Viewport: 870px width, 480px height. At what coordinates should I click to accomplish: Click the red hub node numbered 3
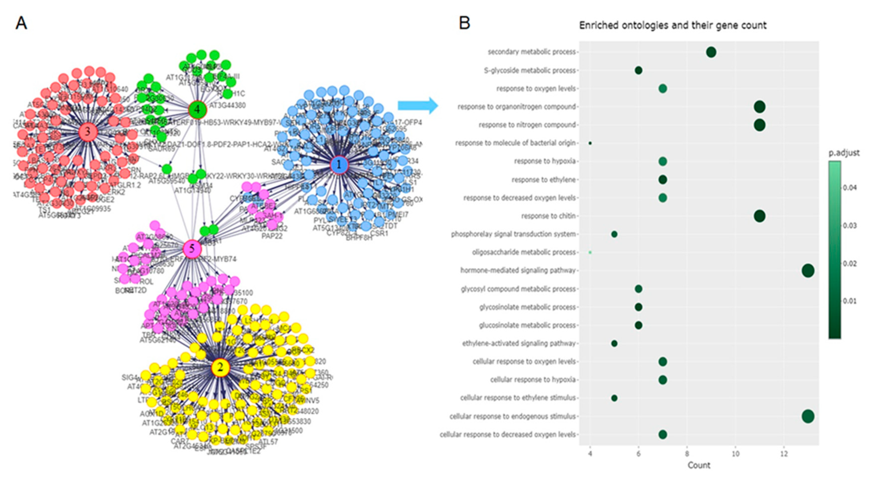(88, 132)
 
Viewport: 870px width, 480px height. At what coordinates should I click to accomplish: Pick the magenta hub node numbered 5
(192, 249)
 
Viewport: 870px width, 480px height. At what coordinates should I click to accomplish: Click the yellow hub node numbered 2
(220, 367)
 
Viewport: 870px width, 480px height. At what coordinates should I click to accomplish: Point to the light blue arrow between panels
(418, 106)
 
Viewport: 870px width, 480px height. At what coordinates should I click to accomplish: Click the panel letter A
(21, 23)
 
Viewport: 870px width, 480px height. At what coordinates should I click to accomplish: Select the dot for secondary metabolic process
(711, 52)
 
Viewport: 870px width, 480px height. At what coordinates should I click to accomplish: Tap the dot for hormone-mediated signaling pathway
(808, 271)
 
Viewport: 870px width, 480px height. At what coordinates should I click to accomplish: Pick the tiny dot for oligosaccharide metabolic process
(590, 252)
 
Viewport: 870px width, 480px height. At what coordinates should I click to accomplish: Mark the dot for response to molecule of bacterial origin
(590, 143)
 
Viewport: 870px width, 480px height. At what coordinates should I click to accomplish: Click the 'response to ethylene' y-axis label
(543, 180)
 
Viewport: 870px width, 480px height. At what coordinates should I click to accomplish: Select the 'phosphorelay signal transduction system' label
(513, 234)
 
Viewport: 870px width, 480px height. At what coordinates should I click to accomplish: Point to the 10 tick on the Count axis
(735, 454)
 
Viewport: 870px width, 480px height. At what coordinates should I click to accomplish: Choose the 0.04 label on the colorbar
(850, 188)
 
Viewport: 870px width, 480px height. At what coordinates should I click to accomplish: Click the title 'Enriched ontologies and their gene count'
(673, 25)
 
